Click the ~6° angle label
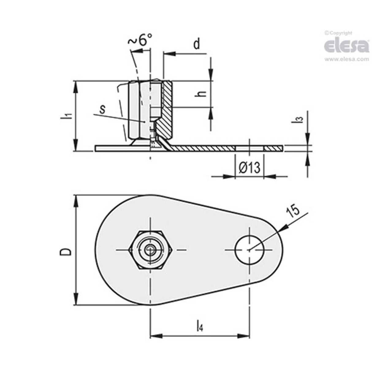140,40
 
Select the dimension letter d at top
196,44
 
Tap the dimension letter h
202,93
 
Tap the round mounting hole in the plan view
249,250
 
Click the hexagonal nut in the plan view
150,250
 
